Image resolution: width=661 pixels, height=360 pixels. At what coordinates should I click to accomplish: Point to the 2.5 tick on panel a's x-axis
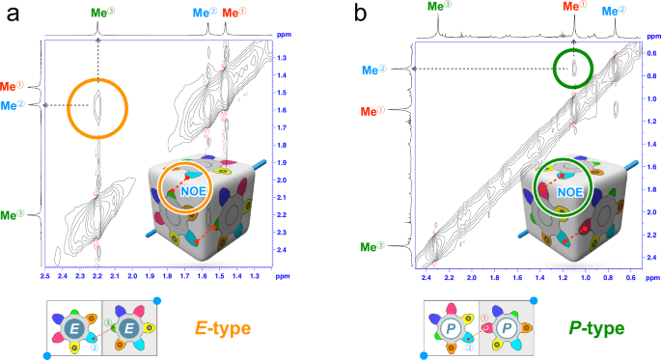(44, 277)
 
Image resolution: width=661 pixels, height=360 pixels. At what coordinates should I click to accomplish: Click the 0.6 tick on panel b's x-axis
(631, 277)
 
